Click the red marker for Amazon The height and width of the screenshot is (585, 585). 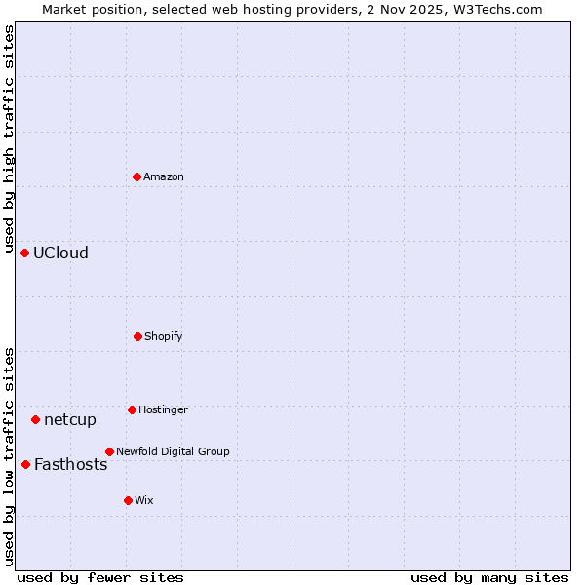click(x=137, y=176)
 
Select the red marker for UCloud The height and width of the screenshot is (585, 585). click(x=25, y=253)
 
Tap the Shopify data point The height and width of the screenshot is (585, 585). click(x=137, y=336)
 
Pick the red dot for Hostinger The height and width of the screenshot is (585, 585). click(x=132, y=409)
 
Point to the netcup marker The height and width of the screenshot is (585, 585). click(x=36, y=419)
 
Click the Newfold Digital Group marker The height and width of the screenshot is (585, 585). click(x=109, y=451)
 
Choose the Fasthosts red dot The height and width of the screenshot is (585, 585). click(x=26, y=464)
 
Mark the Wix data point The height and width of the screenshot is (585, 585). click(x=128, y=500)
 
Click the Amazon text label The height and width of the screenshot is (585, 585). click(x=164, y=176)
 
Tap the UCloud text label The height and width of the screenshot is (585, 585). click(x=60, y=253)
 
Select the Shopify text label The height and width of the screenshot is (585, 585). click(x=164, y=336)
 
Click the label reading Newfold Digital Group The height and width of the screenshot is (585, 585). click(x=173, y=451)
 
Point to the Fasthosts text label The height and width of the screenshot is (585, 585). click(x=70, y=464)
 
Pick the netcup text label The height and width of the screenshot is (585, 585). click(x=70, y=419)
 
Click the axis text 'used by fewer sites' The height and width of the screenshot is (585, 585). click(x=100, y=577)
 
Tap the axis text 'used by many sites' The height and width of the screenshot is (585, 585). click(x=489, y=577)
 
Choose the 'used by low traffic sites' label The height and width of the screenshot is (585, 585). click(x=9, y=455)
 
